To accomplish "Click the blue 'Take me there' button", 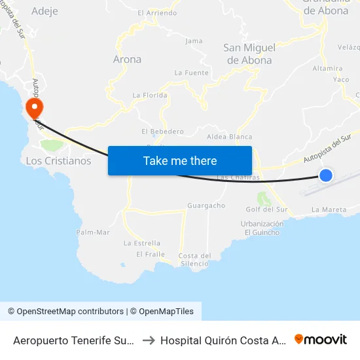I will [180, 160].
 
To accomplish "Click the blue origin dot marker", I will [325, 175].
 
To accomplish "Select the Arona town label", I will [127, 59].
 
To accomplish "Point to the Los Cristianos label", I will [58, 160].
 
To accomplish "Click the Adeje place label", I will [45, 11].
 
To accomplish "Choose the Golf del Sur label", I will [266, 209].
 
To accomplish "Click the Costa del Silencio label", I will [194, 259].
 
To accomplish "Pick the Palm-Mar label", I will [93, 232].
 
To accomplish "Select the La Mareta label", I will [329, 209].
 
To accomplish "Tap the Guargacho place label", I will [206, 206].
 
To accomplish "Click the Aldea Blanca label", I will [229, 137].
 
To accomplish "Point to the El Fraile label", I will [151, 254].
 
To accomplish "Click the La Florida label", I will [150, 95].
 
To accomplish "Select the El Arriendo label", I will [157, 12].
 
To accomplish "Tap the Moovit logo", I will [321, 339].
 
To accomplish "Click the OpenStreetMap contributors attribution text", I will [65, 312].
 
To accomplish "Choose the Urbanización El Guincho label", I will [262, 228].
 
